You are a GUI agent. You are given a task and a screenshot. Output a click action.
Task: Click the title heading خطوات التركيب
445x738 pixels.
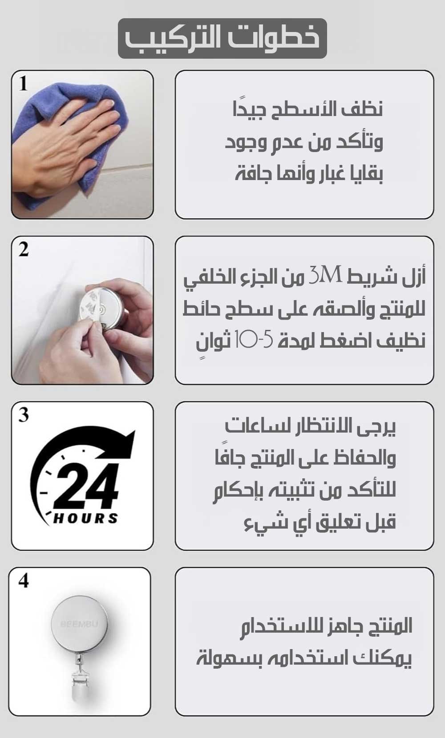click(x=222, y=39)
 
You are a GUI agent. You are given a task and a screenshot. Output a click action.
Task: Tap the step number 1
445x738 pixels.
click(x=23, y=84)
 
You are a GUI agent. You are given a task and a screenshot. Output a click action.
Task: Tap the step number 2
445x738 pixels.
click(x=24, y=250)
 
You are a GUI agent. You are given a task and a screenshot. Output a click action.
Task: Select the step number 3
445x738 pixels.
click(x=24, y=415)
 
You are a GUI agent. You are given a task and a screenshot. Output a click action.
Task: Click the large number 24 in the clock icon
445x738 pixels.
click(x=87, y=485)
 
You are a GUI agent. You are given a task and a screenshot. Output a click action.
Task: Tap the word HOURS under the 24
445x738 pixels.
click(x=85, y=518)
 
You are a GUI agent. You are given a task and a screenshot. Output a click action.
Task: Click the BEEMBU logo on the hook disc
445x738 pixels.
click(x=79, y=624)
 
